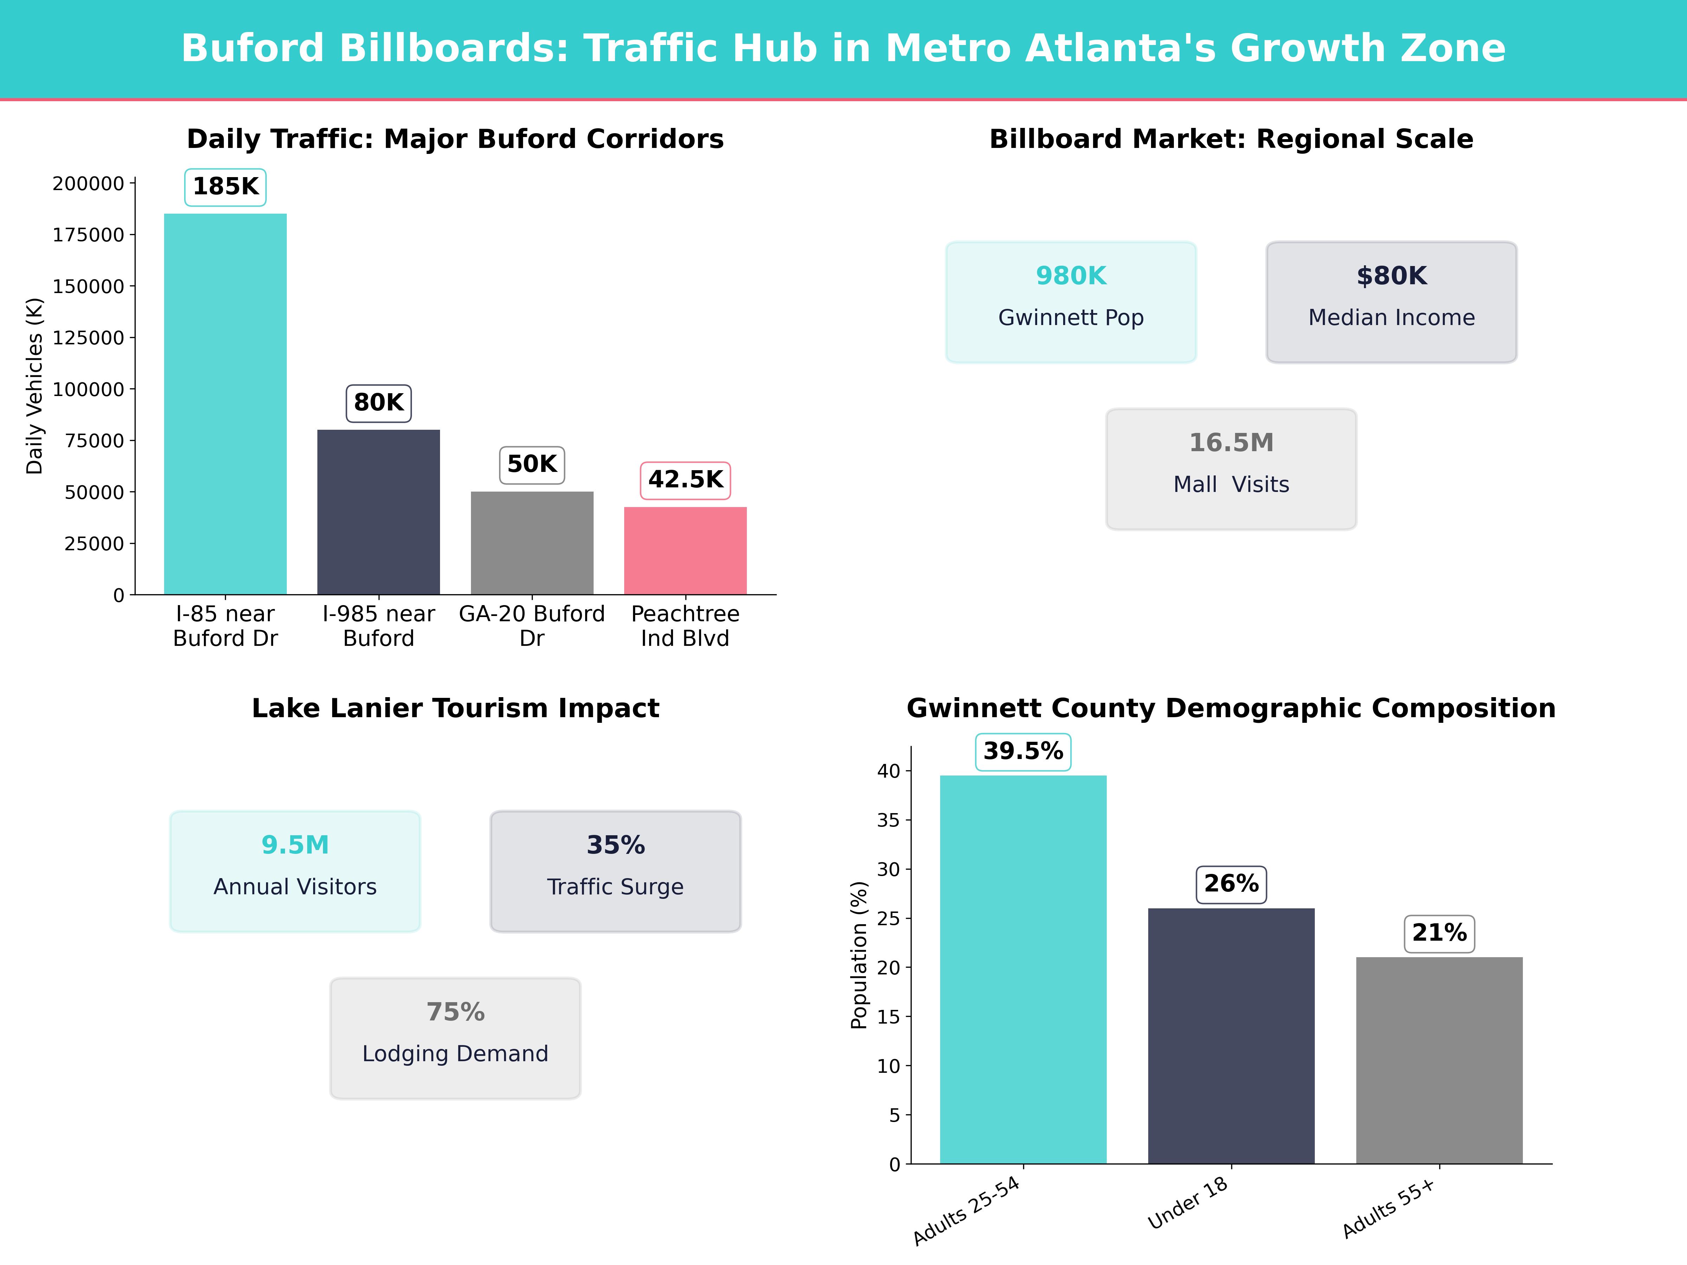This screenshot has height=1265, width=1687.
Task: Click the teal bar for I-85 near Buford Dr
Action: tap(225, 404)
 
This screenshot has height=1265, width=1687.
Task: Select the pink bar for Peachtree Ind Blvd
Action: tap(685, 551)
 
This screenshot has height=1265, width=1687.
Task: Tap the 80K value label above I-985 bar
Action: tap(378, 403)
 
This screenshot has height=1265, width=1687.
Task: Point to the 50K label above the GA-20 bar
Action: tap(531, 465)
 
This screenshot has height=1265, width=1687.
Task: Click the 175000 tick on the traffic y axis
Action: tap(88, 235)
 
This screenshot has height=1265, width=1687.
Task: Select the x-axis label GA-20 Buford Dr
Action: tap(531, 626)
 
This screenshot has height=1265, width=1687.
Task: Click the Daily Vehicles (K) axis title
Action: tap(34, 386)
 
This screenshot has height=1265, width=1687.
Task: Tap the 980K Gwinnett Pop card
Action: tap(1071, 302)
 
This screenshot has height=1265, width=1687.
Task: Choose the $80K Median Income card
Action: tap(1391, 302)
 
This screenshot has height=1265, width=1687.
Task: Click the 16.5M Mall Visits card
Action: tap(1231, 469)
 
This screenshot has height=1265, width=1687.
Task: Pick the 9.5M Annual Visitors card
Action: tap(295, 871)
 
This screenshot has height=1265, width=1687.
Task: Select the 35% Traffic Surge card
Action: tap(615, 871)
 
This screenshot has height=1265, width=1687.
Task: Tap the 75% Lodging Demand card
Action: tap(455, 1038)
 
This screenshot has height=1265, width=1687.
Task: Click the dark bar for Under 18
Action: tap(1231, 1036)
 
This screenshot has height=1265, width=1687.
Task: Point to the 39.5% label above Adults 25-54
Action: tap(1023, 752)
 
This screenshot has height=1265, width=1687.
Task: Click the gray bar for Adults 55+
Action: tap(1439, 1060)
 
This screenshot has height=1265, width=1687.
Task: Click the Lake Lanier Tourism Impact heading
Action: tap(455, 708)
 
